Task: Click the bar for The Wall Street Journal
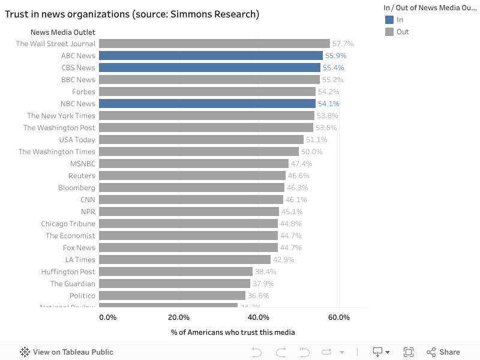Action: pyautogui.click(x=214, y=44)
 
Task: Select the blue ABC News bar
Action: pyautogui.click(x=211, y=56)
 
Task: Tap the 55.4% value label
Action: pyautogui.click(x=333, y=68)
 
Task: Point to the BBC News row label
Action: pyautogui.click(x=78, y=80)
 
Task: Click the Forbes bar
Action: pyautogui.click(x=207, y=92)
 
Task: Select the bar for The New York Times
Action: pyautogui.click(x=206, y=116)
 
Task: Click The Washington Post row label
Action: pyautogui.click(x=59, y=128)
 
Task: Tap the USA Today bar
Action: pyautogui.click(x=201, y=140)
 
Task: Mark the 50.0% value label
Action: pyautogui.click(x=312, y=152)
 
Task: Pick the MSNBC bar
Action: pyautogui.click(x=194, y=164)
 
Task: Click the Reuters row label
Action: pyautogui.click(x=82, y=176)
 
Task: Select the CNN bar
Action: pyautogui.click(x=191, y=200)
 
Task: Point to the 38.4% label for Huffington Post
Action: pyautogui.click(x=266, y=272)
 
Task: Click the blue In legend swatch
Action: pyautogui.click(x=389, y=20)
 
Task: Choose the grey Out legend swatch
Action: pyautogui.click(x=389, y=32)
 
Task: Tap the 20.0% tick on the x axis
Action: pyautogui.click(x=179, y=317)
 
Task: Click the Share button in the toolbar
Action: pyautogui.click(x=443, y=352)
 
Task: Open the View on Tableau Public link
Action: pyautogui.click(x=67, y=352)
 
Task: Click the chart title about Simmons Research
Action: pyautogui.click(x=132, y=14)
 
